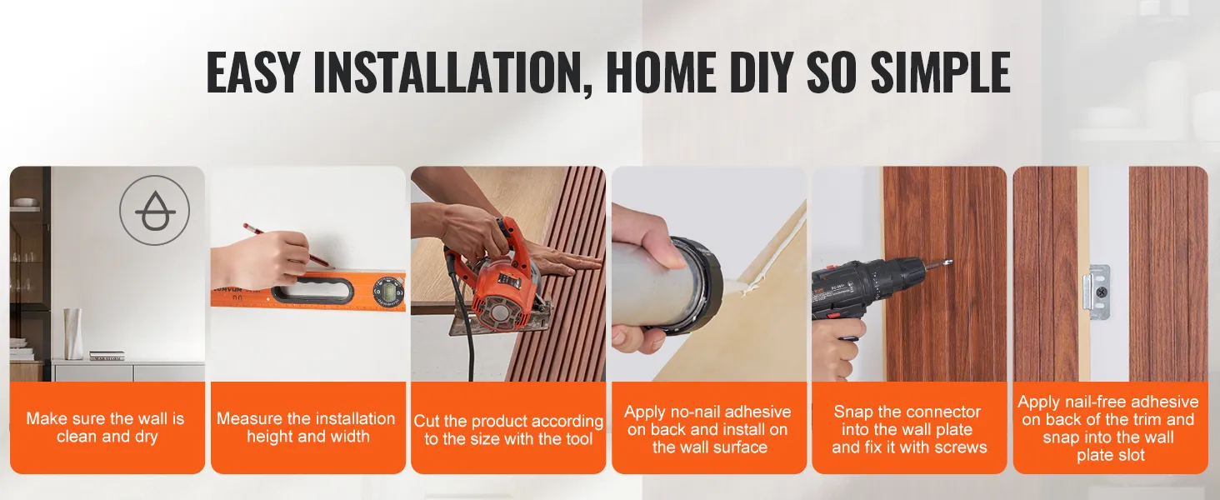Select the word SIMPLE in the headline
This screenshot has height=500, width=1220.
click(940, 72)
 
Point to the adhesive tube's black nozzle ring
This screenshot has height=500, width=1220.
click(697, 282)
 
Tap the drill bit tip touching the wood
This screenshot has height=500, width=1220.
click(949, 262)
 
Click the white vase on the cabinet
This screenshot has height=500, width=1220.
click(73, 334)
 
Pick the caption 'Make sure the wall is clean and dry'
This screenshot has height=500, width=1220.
click(106, 427)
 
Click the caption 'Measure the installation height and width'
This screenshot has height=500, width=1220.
click(307, 427)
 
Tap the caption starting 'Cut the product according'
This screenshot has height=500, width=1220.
click(508, 430)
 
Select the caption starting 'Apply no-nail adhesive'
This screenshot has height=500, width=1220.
click(708, 429)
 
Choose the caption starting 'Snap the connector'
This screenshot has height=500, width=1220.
click(909, 429)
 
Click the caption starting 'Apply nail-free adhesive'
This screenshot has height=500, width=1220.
click(1108, 428)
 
